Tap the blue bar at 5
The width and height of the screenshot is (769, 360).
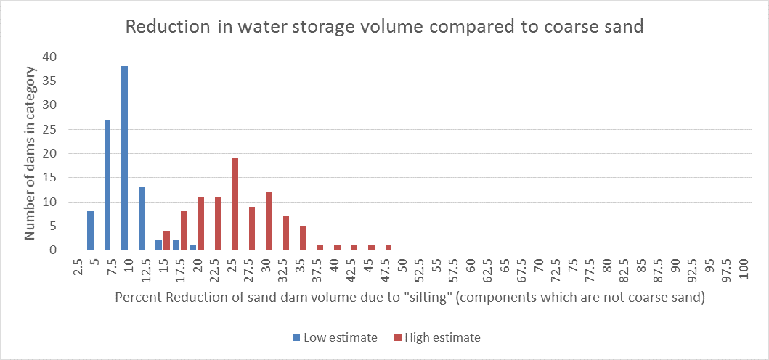point(90,231)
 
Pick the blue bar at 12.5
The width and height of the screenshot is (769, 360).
point(142,218)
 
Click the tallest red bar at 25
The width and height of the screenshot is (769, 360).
point(235,204)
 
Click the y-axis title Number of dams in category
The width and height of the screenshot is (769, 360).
point(30,153)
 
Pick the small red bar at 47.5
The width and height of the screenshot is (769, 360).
point(388,247)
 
